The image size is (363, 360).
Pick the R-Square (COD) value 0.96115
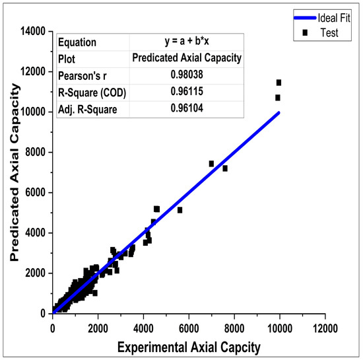tap(186, 91)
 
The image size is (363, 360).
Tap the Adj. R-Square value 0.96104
tap(186, 107)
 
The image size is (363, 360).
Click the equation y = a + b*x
tap(186, 43)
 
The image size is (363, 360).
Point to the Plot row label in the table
tap(67, 59)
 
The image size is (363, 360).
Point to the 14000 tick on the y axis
tap(32, 31)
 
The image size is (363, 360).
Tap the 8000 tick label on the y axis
tap(35, 153)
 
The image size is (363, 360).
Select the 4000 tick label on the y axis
tap(35, 233)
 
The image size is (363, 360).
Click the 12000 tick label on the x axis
tap(324, 325)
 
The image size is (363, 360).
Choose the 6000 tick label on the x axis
tap(189, 325)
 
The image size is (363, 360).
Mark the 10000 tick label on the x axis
tap(279, 325)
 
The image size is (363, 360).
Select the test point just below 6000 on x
tap(180, 210)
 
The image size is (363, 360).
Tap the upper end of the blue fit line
tap(279, 112)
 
